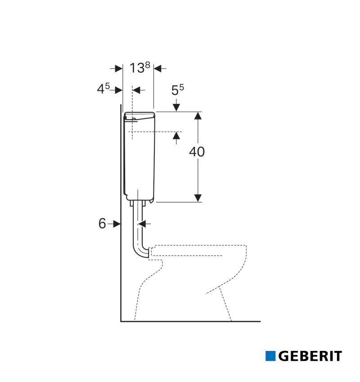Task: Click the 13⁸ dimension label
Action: coord(140,68)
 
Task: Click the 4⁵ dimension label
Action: coord(103,89)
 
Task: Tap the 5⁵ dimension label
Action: coord(178,90)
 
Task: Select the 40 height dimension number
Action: coord(197,152)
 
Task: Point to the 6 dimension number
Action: coord(102,223)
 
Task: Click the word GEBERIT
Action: coord(310,356)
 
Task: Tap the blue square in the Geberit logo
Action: coord(270,356)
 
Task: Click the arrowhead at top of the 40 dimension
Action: coord(198,115)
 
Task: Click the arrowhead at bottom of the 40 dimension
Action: coord(198,198)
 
